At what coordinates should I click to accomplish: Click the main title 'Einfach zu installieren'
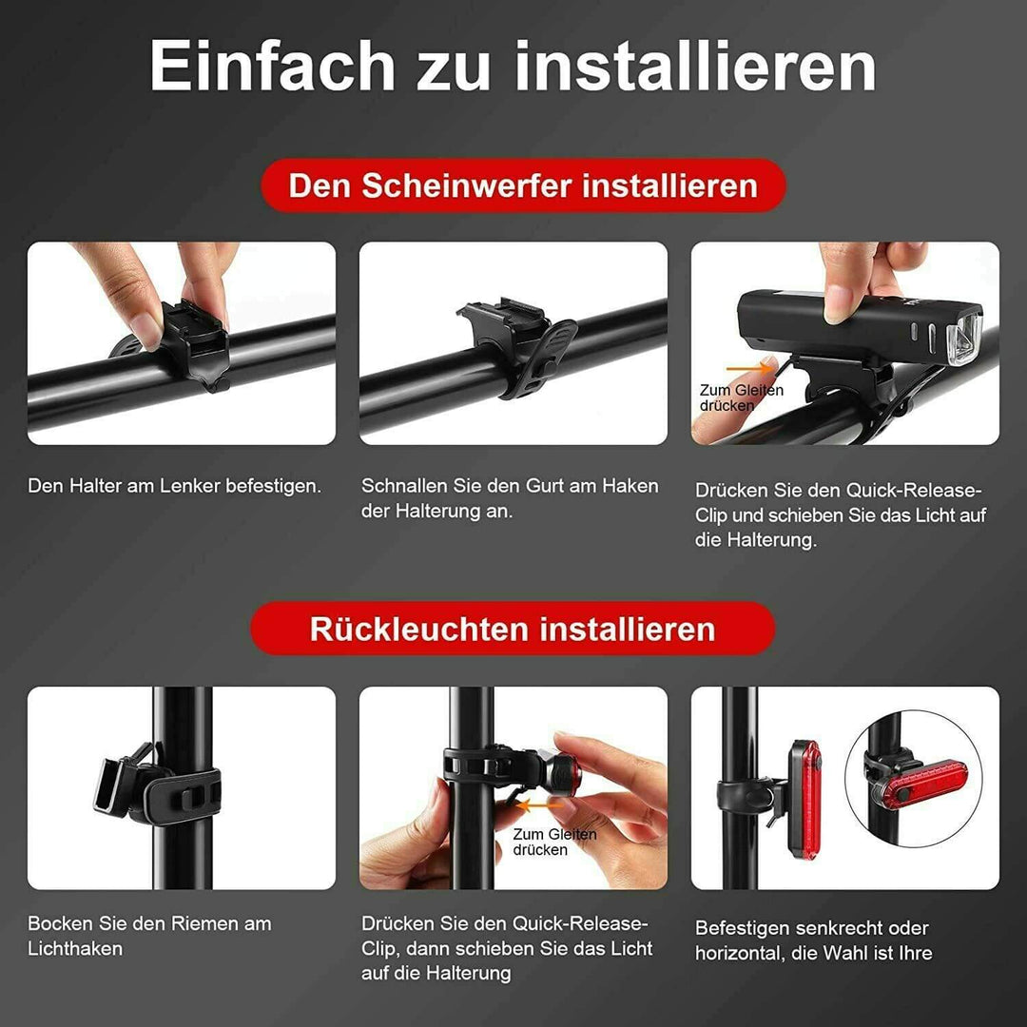pyautogui.click(x=513, y=67)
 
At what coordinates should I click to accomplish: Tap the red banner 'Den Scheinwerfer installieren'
pyautogui.click(x=522, y=185)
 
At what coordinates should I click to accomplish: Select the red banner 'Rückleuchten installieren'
pyautogui.click(x=513, y=629)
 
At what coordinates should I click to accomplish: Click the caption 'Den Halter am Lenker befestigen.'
pyautogui.click(x=175, y=486)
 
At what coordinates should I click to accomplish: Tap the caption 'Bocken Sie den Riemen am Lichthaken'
pyautogui.click(x=149, y=936)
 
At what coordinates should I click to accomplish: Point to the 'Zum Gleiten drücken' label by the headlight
pyautogui.click(x=742, y=397)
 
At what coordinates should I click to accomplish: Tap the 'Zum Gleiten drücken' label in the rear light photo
pyautogui.click(x=554, y=842)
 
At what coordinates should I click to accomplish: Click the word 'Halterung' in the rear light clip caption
pyautogui.click(x=470, y=973)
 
